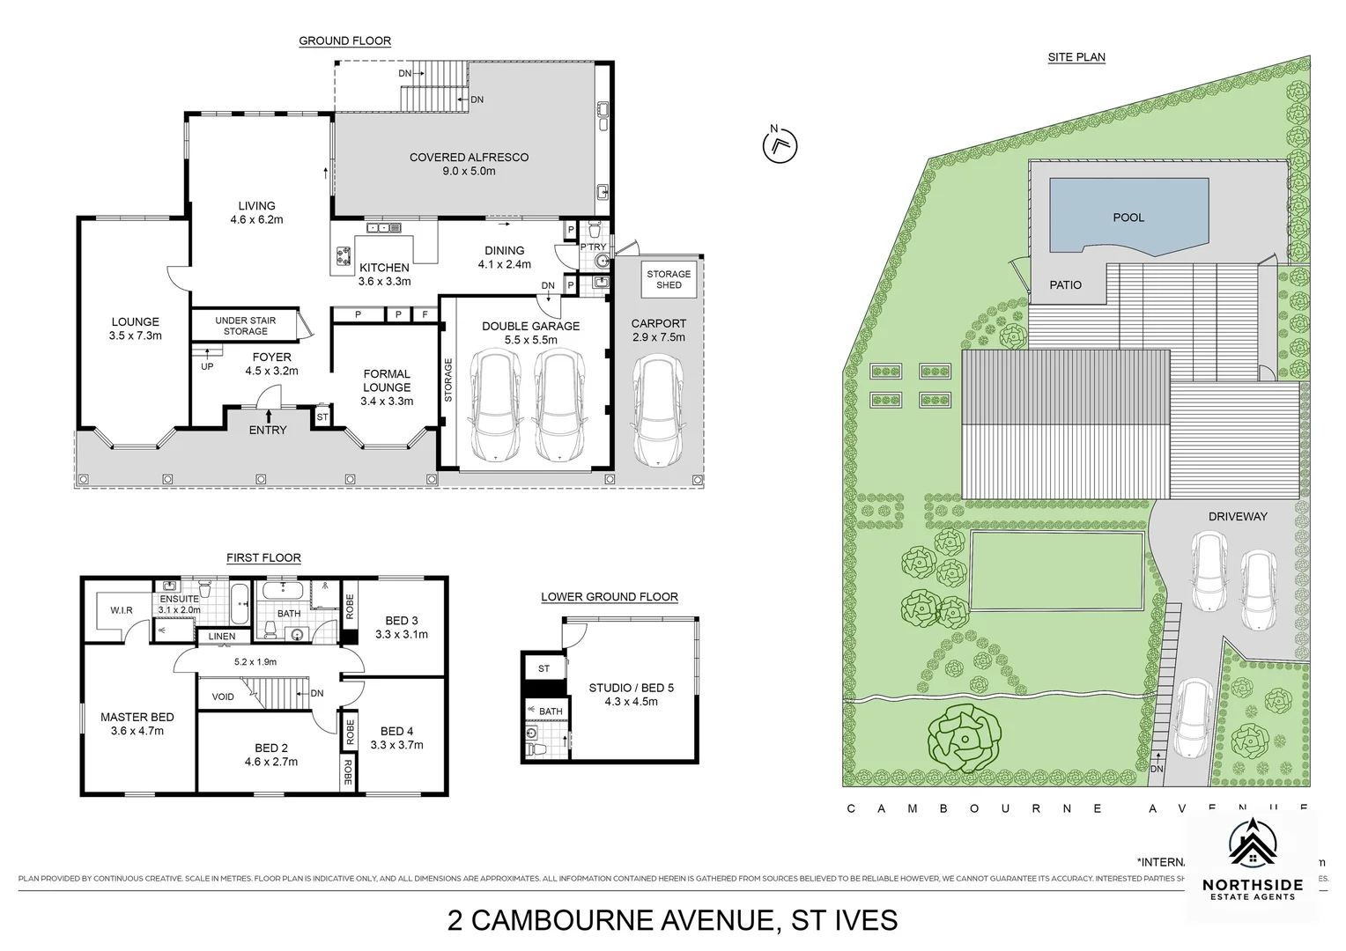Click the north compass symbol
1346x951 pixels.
pyautogui.click(x=779, y=144)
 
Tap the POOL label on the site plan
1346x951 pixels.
pyautogui.click(x=1128, y=217)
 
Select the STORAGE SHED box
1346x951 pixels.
pyautogui.click(x=669, y=279)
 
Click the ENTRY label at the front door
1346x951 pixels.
pyautogui.click(x=268, y=430)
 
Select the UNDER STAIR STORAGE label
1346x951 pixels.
pyautogui.click(x=245, y=326)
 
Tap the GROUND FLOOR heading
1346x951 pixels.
pyautogui.click(x=344, y=41)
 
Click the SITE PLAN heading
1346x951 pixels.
pyautogui.click(x=1076, y=57)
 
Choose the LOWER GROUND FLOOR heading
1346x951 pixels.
pyautogui.click(x=609, y=596)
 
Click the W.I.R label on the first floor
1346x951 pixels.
pyautogui.click(x=121, y=610)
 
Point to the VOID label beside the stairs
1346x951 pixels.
pyautogui.click(x=223, y=697)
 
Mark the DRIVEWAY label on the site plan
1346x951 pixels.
pyautogui.click(x=1237, y=516)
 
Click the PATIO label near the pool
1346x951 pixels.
pyautogui.click(x=1065, y=284)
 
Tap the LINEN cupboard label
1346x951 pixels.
pyautogui.click(x=221, y=636)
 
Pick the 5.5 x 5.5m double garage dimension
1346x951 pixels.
pyautogui.click(x=530, y=340)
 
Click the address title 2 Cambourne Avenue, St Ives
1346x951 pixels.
pyautogui.click(x=672, y=920)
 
